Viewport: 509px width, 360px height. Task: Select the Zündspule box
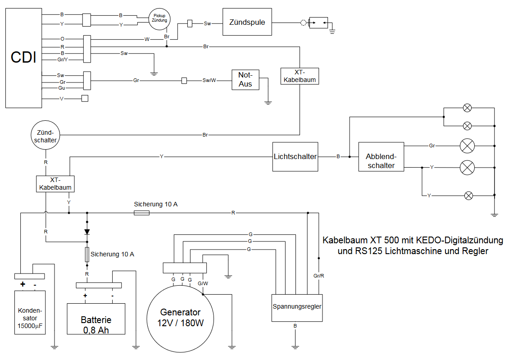point(247,22)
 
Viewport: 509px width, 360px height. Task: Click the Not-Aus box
point(245,80)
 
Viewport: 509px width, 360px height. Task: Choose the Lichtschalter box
point(295,157)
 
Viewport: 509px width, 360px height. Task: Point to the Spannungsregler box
point(297,307)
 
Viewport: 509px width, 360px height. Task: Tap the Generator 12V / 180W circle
point(181,317)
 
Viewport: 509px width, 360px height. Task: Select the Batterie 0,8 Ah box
point(96,319)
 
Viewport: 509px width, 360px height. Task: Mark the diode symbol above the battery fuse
point(87,232)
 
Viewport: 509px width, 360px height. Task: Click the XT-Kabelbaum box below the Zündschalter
point(55,183)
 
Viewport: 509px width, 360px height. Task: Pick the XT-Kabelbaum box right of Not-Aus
point(299,76)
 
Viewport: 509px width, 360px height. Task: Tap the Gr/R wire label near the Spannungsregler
point(318,275)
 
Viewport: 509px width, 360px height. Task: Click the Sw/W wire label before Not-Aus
point(209,81)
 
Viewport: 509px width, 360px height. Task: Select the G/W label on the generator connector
point(203,283)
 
